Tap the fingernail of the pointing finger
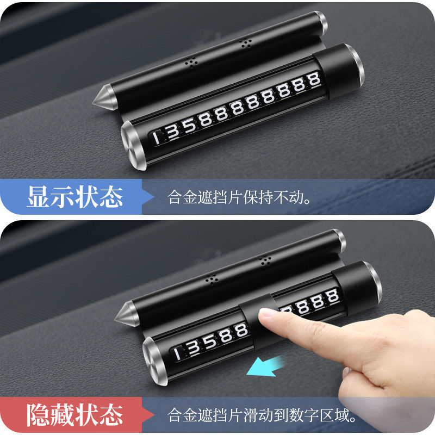click(x=268, y=313)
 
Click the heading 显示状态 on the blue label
click(x=75, y=197)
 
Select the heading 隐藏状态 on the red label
click(x=75, y=415)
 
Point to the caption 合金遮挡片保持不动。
click(x=239, y=197)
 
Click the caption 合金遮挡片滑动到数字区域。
click(x=262, y=415)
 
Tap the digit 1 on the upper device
click(x=157, y=138)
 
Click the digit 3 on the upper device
click(x=173, y=132)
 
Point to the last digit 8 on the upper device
click(x=314, y=79)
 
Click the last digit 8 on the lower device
click(x=332, y=296)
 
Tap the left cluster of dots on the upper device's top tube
click(x=191, y=63)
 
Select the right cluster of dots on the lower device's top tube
click(x=265, y=260)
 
